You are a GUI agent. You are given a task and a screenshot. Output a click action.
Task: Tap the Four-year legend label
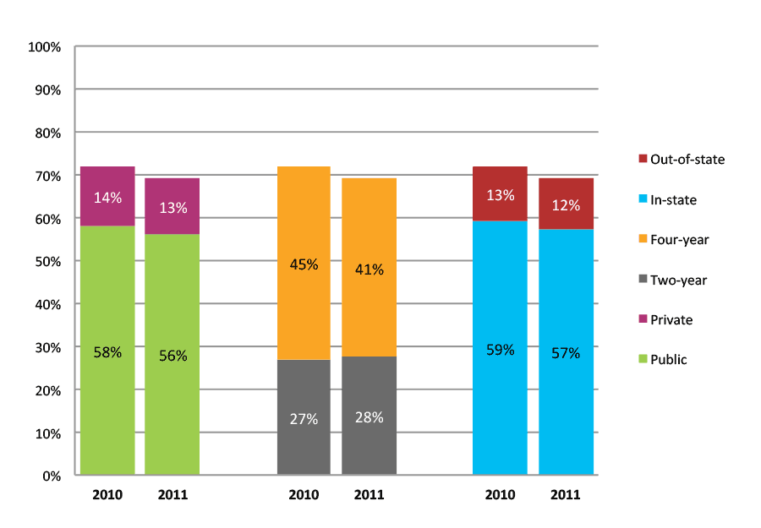tap(679, 240)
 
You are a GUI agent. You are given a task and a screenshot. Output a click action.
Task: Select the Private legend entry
tap(671, 319)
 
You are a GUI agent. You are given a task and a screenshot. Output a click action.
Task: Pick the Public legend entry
tap(668, 359)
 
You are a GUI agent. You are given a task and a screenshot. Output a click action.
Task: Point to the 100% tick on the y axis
tap(45, 47)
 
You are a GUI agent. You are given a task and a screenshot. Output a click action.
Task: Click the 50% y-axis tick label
tap(47, 262)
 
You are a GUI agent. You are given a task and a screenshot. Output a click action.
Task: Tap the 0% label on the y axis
tap(52, 476)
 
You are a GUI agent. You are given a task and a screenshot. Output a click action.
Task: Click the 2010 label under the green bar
tap(107, 494)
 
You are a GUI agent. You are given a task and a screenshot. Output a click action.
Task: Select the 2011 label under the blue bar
tap(566, 494)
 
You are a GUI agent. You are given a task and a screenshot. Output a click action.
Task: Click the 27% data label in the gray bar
tap(304, 418)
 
